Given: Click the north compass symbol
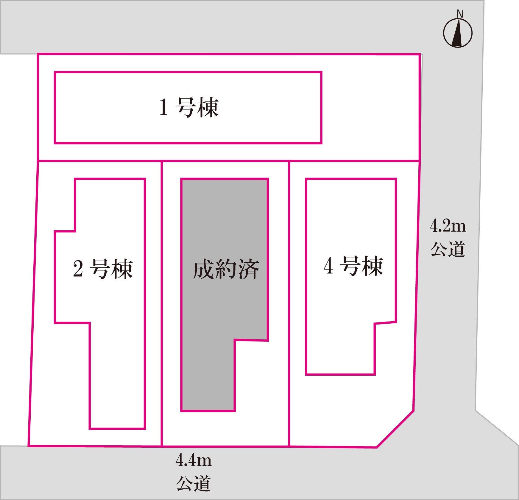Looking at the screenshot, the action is [x=458, y=33].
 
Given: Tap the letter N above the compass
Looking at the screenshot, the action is [x=460, y=14].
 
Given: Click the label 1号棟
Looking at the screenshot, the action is [x=189, y=107].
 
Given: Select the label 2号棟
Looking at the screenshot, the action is [x=103, y=269].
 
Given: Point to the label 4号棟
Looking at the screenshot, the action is [x=353, y=266].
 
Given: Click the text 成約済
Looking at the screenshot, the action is [x=226, y=269].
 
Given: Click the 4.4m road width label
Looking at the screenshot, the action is [x=194, y=460].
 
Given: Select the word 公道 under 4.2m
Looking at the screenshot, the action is [x=448, y=249].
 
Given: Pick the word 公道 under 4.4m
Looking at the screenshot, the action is [x=194, y=484].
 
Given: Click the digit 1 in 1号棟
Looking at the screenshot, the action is [x=163, y=107].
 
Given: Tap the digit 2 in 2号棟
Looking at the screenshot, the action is [x=78, y=269].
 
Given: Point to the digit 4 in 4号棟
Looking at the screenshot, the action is [x=328, y=266].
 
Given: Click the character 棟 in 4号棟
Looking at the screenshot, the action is [x=372, y=266].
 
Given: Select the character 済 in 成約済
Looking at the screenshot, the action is [x=248, y=269].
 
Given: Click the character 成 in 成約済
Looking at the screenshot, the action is [x=204, y=269].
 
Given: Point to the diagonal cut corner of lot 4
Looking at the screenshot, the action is [x=395, y=429].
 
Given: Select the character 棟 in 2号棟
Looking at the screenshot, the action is [x=121, y=269].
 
